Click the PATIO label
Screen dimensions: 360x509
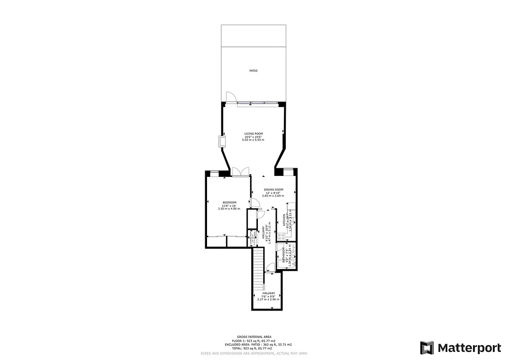(x=253, y=71)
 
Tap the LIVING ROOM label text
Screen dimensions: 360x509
(x=253, y=134)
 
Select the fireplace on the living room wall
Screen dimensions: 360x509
(x=222, y=141)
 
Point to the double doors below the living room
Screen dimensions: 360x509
(x=240, y=171)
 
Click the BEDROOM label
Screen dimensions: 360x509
(x=229, y=202)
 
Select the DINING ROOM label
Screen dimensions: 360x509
(x=273, y=189)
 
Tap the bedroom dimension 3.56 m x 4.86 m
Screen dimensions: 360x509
(x=229, y=209)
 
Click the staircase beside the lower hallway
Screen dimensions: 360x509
(x=257, y=270)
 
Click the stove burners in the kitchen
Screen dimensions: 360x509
(x=281, y=237)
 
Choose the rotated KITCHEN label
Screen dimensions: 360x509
(x=284, y=222)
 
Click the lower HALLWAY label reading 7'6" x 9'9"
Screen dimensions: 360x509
(x=268, y=293)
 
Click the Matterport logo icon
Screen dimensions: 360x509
(x=427, y=348)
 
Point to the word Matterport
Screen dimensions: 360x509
(x=469, y=348)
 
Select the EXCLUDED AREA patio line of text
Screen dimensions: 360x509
(x=255, y=344)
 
